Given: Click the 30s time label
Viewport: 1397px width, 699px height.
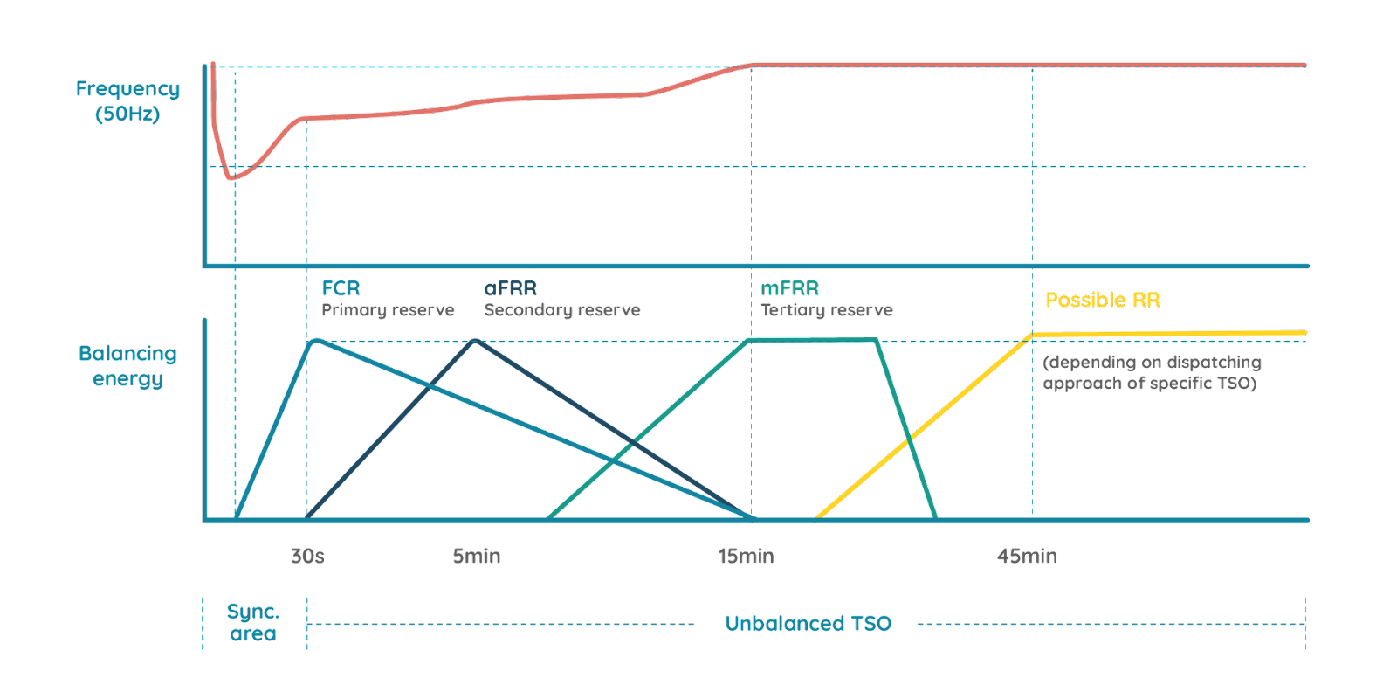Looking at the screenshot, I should [x=307, y=557].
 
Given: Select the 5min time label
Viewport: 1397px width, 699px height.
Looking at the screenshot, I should [x=477, y=557].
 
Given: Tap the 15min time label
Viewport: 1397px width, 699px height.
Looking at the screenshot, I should [x=746, y=557].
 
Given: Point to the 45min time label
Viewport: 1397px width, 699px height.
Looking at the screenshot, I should [x=1028, y=557].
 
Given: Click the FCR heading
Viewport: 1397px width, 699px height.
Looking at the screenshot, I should [x=341, y=288].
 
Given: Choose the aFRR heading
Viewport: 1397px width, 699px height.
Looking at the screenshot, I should [x=511, y=288].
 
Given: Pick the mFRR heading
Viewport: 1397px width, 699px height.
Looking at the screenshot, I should [x=789, y=288].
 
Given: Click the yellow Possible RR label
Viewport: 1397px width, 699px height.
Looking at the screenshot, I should [x=1103, y=300].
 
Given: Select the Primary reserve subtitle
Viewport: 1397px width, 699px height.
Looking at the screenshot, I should [x=388, y=310].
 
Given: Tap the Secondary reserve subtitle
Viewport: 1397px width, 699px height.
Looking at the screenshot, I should [x=561, y=310].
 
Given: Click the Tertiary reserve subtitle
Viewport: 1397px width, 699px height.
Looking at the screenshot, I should [x=826, y=310].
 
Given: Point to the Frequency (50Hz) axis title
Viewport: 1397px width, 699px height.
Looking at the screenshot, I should [x=127, y=101].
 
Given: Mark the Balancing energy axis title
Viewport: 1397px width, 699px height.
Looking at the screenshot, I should [x=127, y=366].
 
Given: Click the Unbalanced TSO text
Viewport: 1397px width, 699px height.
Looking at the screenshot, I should [x=809, y=624].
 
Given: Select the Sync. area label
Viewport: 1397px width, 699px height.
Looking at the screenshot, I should [x=253, y=622].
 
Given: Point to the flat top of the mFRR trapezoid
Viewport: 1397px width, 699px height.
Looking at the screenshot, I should [x=812, y=340].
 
